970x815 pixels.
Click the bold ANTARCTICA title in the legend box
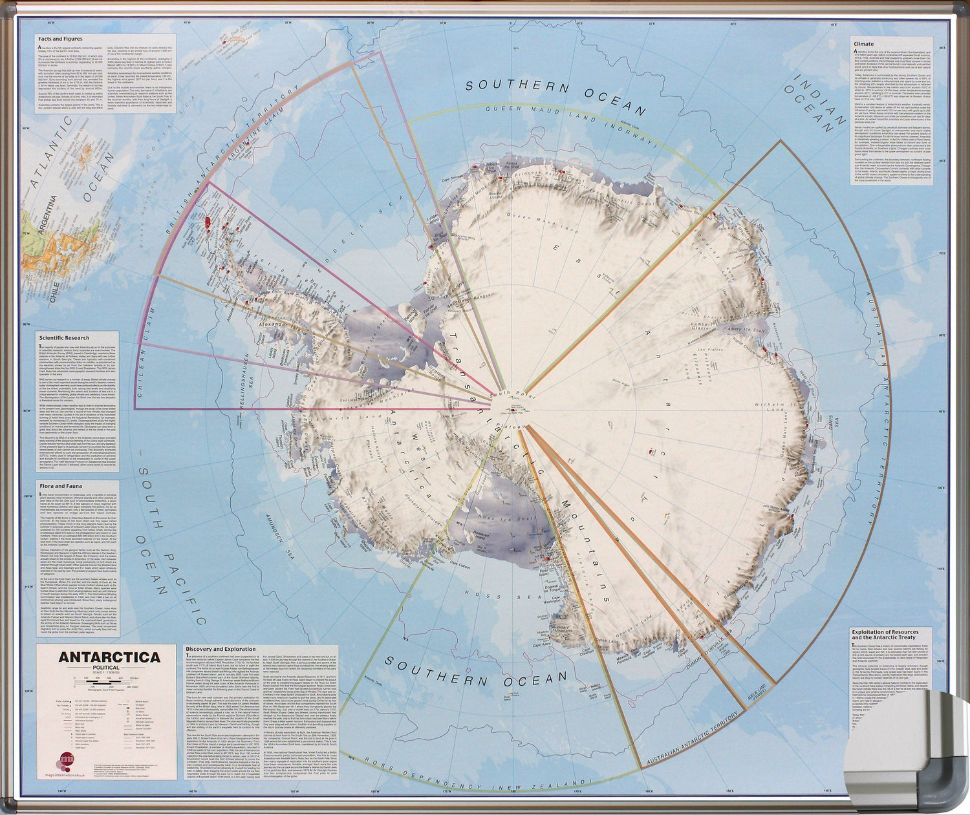pos(110,657)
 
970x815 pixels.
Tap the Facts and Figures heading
pos(60,39)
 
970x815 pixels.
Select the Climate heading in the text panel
pos(863,44)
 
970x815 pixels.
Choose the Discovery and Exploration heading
pos(221,649)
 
